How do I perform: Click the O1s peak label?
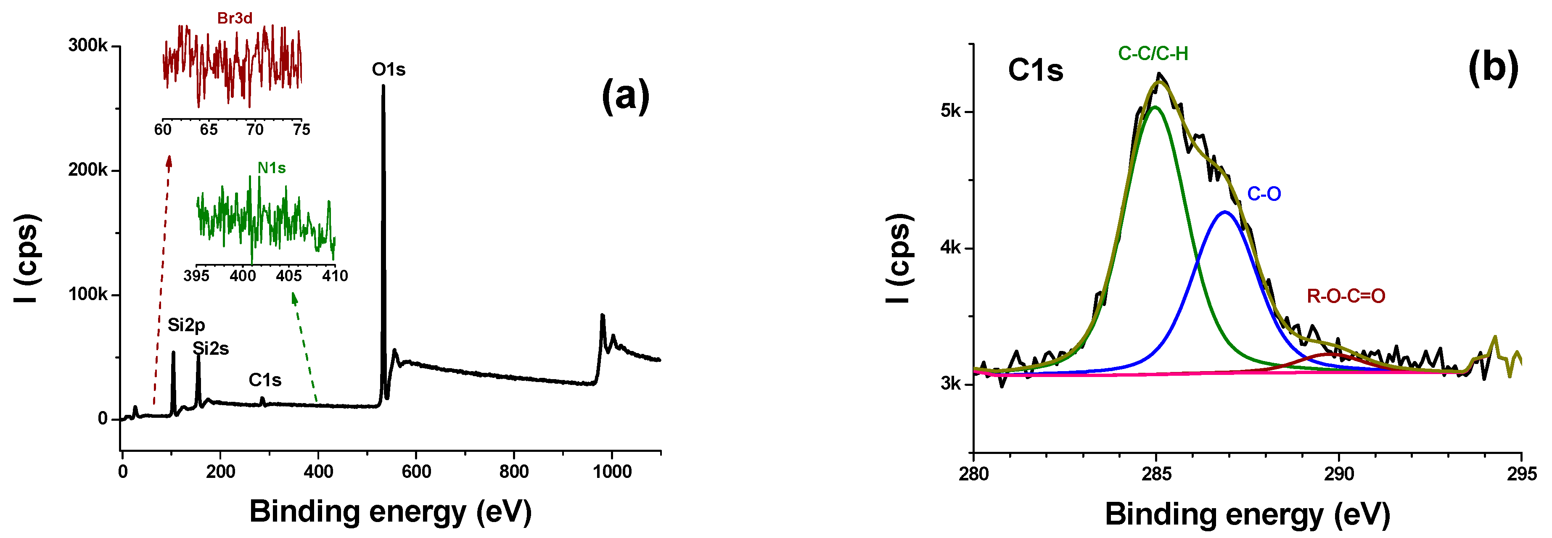tap(388, 70)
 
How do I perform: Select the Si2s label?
tap(210, 349)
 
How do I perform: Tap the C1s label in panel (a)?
tap(264, 380)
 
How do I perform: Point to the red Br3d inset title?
tap(234, 18)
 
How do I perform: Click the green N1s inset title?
tap(271, 168)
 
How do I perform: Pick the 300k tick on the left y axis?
tap(87, 46)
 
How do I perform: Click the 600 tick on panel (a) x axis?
tap(416, 471)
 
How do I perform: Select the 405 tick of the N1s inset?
tap(288, 276)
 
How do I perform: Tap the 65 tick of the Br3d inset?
tap(209, 129)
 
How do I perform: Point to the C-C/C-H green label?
tap(1153, 54)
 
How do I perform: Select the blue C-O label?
tap(1264, 194)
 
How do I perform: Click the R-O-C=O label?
tap(1346, 296)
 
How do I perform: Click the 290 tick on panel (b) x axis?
tap(1339, 474)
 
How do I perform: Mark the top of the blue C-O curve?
tap(1224, 212)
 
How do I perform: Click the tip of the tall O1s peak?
tap(383, 86)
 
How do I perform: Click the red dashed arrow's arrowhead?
tap(169, 159)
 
